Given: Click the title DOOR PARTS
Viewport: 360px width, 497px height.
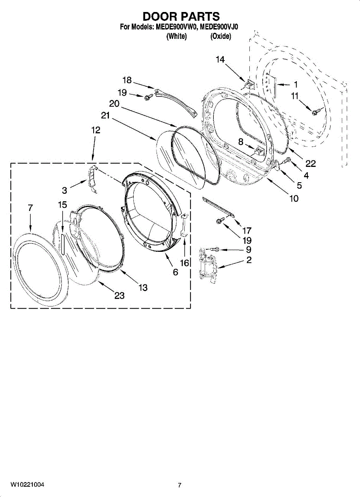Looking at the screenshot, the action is point(181,17).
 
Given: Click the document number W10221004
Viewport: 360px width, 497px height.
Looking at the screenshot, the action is point(27,485).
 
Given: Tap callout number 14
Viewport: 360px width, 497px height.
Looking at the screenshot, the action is point(220,60).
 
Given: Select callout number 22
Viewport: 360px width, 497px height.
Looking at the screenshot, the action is point(310,164).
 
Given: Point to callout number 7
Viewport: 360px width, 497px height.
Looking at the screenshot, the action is point(30,208).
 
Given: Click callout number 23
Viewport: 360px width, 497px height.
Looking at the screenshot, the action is point(120,295).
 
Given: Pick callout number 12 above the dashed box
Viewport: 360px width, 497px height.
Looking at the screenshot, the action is point(96,130).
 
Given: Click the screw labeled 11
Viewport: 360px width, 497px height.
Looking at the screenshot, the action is point(315,111).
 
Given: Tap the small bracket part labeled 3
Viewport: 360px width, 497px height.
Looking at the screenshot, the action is point(93,179).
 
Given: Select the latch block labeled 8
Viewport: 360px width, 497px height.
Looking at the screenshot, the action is point(259,152).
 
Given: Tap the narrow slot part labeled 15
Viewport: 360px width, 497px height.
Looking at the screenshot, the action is point(62,244).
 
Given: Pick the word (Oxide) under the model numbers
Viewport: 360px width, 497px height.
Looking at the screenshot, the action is point(220,36).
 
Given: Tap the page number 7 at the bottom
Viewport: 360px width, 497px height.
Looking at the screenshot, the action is point(180,485).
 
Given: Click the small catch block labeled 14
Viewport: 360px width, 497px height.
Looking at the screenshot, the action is point(249,84).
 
